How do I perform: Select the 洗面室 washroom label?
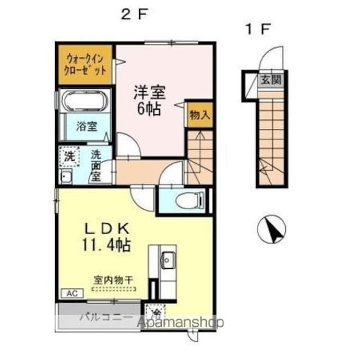(96, 165)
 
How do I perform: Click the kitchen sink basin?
(166, 260)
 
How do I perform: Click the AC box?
(72, 293)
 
